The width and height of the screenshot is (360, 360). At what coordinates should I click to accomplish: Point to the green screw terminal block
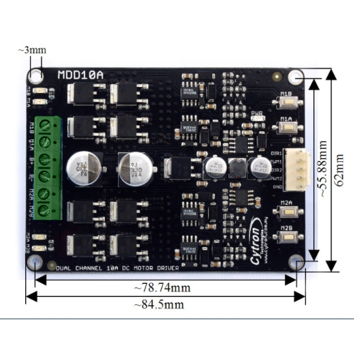(47, 169)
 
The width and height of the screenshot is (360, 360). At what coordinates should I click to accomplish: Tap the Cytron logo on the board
(250, 246)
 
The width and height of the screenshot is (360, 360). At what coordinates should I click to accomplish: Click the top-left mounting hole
(36, 76)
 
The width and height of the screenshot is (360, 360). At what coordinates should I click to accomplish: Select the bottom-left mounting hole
(37, 263)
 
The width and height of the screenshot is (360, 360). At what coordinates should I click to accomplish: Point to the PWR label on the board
(257, 112)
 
